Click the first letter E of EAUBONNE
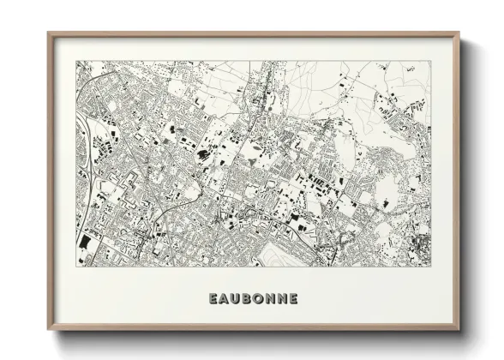pos(213,299)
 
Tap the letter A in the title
pos(225,299)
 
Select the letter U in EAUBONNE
pos(237,299)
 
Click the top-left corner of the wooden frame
pos(48,33)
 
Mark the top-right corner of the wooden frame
pos(459,33)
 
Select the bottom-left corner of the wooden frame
pos(48,331)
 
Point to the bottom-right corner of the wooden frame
pos(459,331)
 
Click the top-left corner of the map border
pos(75,61)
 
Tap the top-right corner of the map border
pos(431,61)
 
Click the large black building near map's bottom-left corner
pos(84,243)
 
